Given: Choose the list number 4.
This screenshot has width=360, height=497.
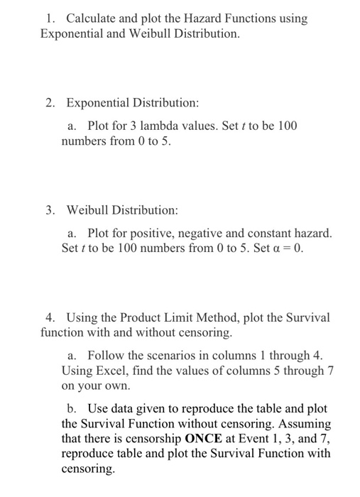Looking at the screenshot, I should (49, 317).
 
